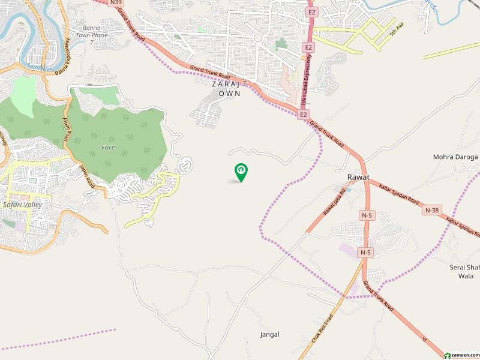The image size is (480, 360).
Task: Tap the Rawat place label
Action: (x=358, y=178)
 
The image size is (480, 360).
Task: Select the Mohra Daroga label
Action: (x=455, y=157)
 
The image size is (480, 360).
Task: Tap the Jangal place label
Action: (x=270, y=334)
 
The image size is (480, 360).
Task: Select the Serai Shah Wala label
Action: (x=464, y=272)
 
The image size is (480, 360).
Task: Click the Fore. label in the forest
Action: (x=108, y=146)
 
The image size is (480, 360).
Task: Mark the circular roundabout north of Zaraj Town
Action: (x=257, y=37)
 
